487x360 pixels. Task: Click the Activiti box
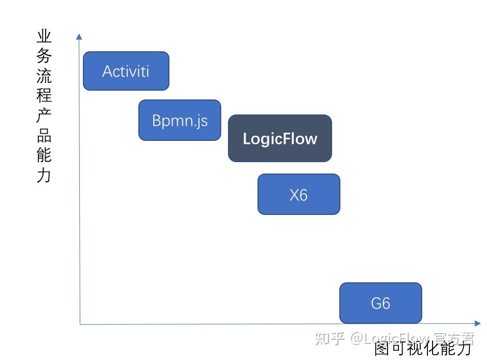point(126,71)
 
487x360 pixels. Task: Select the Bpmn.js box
point(180,120)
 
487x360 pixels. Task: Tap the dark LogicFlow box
point(280,138)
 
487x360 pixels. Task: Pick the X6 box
point(298,194)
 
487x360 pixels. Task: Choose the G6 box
point(380,303)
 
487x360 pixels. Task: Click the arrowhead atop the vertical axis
point(79,36)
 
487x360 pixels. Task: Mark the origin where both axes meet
point(80,324)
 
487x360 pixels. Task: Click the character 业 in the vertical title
point(44,36)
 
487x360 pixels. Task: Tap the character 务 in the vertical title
point(44,56)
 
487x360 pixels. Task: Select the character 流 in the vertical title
point(44,76)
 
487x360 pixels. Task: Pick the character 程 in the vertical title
point(44,96)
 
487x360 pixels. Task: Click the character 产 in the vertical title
point(44,116)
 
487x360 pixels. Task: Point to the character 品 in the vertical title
point(44,135)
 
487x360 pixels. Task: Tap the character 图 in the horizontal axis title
point(382,349)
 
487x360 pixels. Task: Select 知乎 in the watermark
point(330,339)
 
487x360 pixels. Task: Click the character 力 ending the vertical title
point(44,175)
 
